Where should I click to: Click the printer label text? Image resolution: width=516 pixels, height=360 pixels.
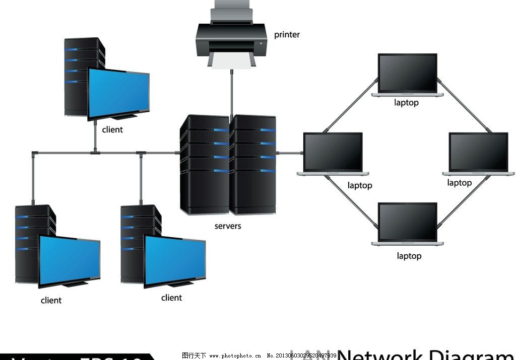(287, 35)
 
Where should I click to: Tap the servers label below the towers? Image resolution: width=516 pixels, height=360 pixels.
(228, 226)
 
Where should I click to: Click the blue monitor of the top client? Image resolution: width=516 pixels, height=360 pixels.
(119, 93)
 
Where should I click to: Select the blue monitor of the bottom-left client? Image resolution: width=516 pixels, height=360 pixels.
(70, 260)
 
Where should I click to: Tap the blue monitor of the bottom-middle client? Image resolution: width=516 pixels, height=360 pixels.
(175, 260)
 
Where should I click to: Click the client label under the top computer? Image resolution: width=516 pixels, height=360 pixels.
(112, 130)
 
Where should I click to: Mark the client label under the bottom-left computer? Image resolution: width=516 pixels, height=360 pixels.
(51, 301)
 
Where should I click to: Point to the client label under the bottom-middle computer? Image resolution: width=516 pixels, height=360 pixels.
(171, 298)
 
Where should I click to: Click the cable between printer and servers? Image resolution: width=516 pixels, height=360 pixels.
(232, 93)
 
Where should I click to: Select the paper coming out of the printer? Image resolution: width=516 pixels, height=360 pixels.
(232, 61)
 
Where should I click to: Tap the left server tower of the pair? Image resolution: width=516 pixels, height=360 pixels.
(204, 164)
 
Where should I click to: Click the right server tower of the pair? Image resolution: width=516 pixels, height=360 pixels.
(253, 164)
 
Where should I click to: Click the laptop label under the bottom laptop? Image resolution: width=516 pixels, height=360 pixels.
(409, 256)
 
